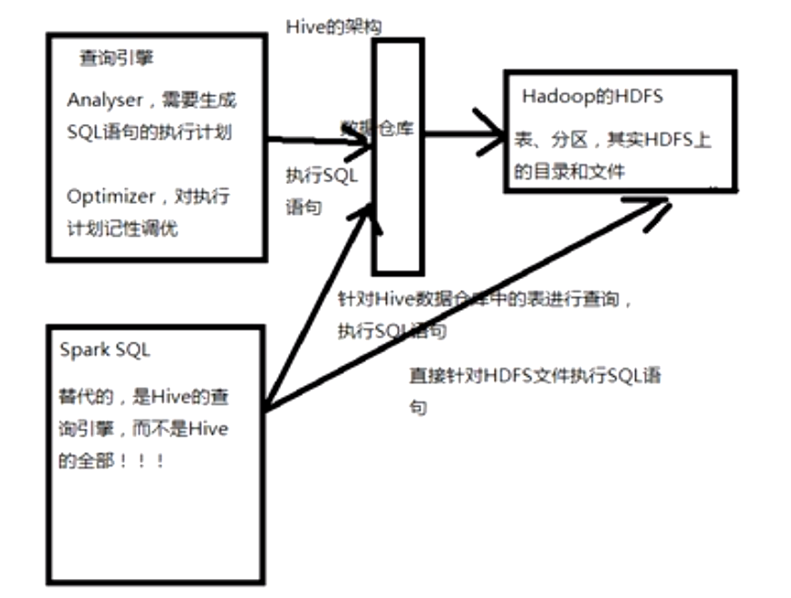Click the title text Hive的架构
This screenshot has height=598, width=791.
click(x=333, y=26)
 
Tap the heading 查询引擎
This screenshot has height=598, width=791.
click(x=117, y=59)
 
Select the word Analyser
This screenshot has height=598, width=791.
click(x=104, y=100)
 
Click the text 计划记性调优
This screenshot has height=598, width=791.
click(x=122, y=228)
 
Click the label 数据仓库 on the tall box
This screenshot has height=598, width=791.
click(x=378, y=128)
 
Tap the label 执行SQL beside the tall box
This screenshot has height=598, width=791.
click(x=322, y=176)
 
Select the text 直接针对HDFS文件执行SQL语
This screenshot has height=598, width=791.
click(x=535, y=376)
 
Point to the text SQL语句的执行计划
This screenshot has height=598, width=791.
click(x=150, y=132)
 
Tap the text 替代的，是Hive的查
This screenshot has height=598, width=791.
click(x=142, y=397)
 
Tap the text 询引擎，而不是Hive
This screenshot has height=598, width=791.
click(x=143, y=429)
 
